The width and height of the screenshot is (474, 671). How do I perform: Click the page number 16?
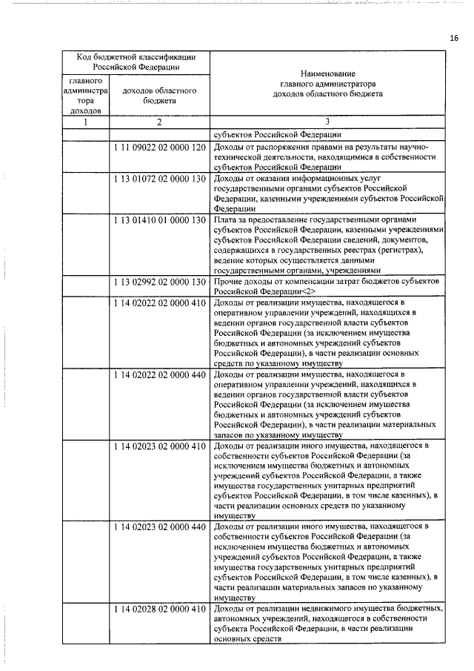pos(454,37)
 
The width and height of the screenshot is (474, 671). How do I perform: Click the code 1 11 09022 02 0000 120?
pos(159,148)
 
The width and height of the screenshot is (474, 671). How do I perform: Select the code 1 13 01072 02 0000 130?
pos(159,179)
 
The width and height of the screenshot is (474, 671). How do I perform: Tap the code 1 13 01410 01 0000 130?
pos(159,220)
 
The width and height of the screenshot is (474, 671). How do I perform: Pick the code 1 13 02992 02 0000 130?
pos(159,282)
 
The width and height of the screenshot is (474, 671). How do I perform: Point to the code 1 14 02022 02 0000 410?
pos(159,303)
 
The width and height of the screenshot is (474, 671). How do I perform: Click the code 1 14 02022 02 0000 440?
pos(159,376)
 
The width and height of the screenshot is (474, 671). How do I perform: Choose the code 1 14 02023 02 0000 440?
pos(159,526)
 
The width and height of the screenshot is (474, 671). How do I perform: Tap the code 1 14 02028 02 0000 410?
pos(159,609)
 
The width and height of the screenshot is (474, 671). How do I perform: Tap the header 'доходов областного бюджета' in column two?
pos(159,95)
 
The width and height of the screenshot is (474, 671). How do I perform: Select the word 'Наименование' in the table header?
pos(327,74)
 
